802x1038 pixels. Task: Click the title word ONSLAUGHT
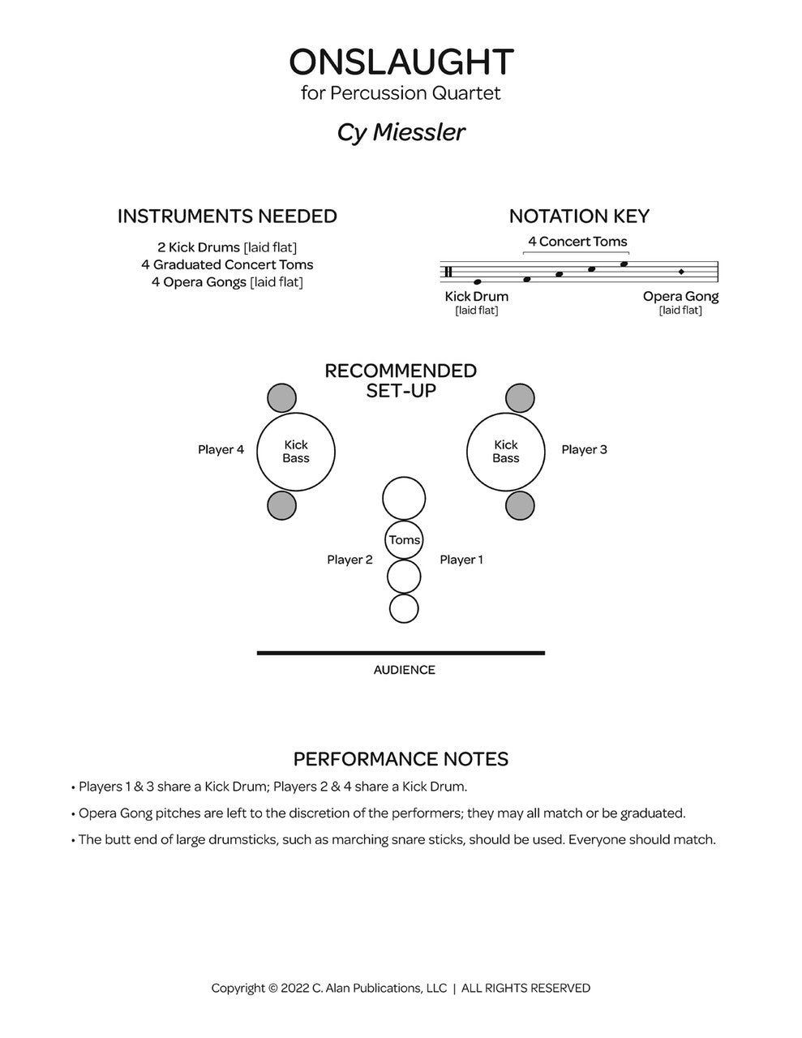[401, 62]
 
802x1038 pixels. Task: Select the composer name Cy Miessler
[401, 132]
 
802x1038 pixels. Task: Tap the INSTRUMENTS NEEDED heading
[227, 217]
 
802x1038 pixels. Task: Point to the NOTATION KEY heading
[579, 217]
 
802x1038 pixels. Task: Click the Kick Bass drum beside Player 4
[296, 452]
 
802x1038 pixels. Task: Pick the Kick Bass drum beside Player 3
[505, 452]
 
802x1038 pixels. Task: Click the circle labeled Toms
[404, 540]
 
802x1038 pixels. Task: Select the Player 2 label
[350, 560]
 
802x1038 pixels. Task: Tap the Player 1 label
[461, 560]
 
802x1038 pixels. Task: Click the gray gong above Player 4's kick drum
[281, 398]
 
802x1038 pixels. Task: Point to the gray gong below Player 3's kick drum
[520, 506]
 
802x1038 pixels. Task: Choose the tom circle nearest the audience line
[404, 608]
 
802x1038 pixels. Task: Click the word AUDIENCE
[404, 670]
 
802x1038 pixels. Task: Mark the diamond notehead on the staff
[681, 272]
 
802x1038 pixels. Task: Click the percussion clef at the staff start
[448, 272]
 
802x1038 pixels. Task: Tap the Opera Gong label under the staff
[680, 297]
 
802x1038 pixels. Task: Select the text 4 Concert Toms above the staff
[577, 242]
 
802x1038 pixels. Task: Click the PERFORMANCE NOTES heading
[401, 759]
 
